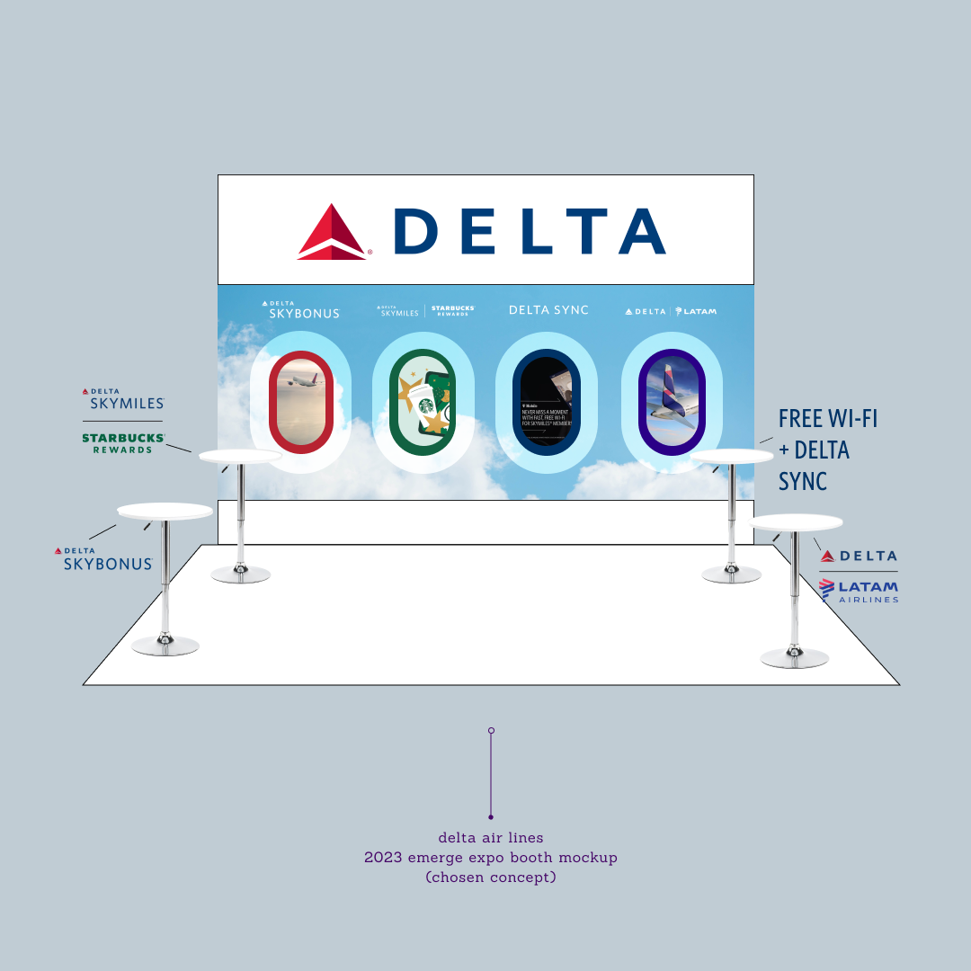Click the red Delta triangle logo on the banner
point(332,232)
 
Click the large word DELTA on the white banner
point(530,231)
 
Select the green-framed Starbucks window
point(423,402)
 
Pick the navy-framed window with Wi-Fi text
point(546,402)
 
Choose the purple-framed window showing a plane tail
point(672,402)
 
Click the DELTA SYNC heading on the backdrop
point(548,310)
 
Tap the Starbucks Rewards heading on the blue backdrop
point(452,310)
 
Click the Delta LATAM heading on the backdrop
point(671,311)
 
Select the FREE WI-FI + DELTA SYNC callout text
point(826,450)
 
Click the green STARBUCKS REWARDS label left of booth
point(123,442)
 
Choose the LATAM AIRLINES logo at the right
point(859,591)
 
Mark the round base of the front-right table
point(794,657)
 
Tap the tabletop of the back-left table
point(240,457)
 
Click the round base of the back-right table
point(731,574)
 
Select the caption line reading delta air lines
point(490,838)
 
